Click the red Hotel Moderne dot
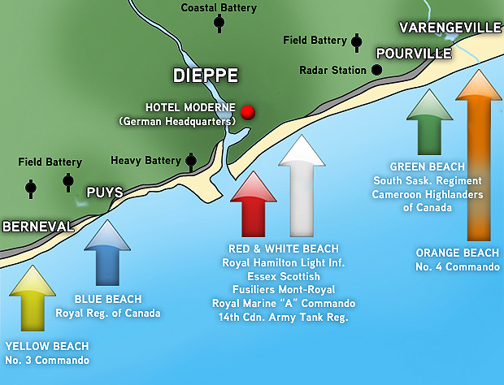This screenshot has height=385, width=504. coord(248,111)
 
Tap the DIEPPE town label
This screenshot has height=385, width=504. coord(206,76)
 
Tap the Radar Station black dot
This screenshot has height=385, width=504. coord(376,70)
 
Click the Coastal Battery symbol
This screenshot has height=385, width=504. coord(219,23)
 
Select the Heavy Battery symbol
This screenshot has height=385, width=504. coord(191,161)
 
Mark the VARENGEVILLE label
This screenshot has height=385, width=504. coord(450,28)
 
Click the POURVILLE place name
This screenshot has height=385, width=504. coord(413,54)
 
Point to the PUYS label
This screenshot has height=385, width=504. coord(105,193)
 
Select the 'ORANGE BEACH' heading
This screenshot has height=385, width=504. coord(457,253)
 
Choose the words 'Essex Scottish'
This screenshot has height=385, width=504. coord(285,276)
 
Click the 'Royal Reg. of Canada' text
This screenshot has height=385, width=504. coord(108,313)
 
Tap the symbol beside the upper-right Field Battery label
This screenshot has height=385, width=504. coord(356,40)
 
